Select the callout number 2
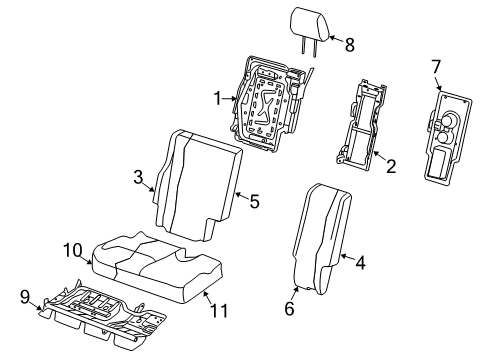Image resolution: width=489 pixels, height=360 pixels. coord(391,166)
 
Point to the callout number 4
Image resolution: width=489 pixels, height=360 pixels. coord(360,263)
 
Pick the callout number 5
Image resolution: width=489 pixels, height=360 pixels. coord(254,201)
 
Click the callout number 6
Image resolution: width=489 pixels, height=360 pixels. coord(289,308)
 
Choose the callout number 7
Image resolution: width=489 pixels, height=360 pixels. coord(435,67)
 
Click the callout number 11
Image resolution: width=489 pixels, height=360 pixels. coord(219,310)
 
